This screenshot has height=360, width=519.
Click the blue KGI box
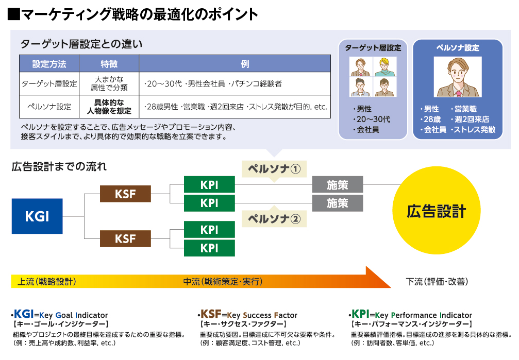click(x=37, y=216)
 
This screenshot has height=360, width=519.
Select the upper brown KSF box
click(x=125, y=194)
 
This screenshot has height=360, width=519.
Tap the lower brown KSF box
click(x=125, y=238)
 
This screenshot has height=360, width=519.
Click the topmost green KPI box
click(x=210, y=184)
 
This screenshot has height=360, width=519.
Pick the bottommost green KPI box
click(x=210, y=248)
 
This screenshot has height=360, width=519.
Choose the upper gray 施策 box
click(x=338, y=184)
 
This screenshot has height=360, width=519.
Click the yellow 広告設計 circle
click(x=436, y=211)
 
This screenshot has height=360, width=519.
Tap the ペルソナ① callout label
click(x=274, y=169)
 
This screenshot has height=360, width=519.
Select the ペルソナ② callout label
click(x=274, y=219)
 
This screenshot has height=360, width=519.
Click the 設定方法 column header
click(x=49, y=63)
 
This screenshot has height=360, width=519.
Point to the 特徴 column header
click(x=109, y=63)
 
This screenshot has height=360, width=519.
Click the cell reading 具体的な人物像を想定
click(x=109, y=107)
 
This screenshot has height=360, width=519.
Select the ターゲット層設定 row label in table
click(x=49, y=84)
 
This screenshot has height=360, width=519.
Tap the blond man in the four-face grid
click(x=385, y=67)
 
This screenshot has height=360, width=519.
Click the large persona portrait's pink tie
click(x=459, y=94)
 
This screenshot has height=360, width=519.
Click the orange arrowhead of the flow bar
click(x=378, y=277)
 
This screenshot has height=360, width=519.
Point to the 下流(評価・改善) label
click(x=437, y=282)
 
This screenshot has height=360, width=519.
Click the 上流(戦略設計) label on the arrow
click(x=47, y=282)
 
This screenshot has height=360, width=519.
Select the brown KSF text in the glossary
click(x=211, y=314)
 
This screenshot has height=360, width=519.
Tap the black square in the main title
click(x=14, y=14)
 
